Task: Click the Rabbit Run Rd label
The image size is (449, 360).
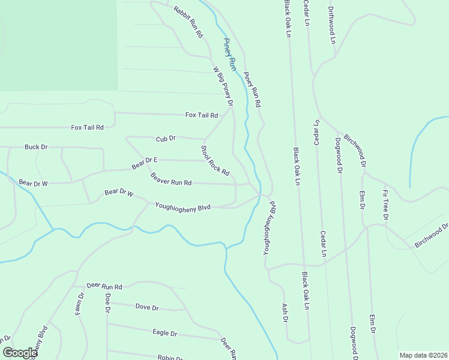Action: [188, 22]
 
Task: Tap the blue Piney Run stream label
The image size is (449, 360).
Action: [229, 55]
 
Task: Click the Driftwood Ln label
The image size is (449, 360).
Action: [331, 25]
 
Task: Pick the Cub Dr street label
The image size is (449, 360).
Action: [165, 139]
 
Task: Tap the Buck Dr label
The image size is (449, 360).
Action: [36, 147]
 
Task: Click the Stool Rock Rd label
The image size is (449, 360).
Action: [215, 160]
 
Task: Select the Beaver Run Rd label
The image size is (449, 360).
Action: [171, 179]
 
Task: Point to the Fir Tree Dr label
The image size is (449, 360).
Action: [385, 205]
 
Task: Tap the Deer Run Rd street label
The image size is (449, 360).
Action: [104, 287]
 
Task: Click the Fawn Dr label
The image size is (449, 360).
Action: [80, 304]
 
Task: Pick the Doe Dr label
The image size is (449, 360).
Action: [108, 303]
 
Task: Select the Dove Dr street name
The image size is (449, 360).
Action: [147, 308]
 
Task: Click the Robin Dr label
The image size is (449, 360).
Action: [170, 358]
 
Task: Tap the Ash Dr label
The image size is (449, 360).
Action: [285, 313]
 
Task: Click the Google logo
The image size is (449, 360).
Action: [19, 353]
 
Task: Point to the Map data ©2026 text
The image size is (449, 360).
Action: [423, 355]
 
